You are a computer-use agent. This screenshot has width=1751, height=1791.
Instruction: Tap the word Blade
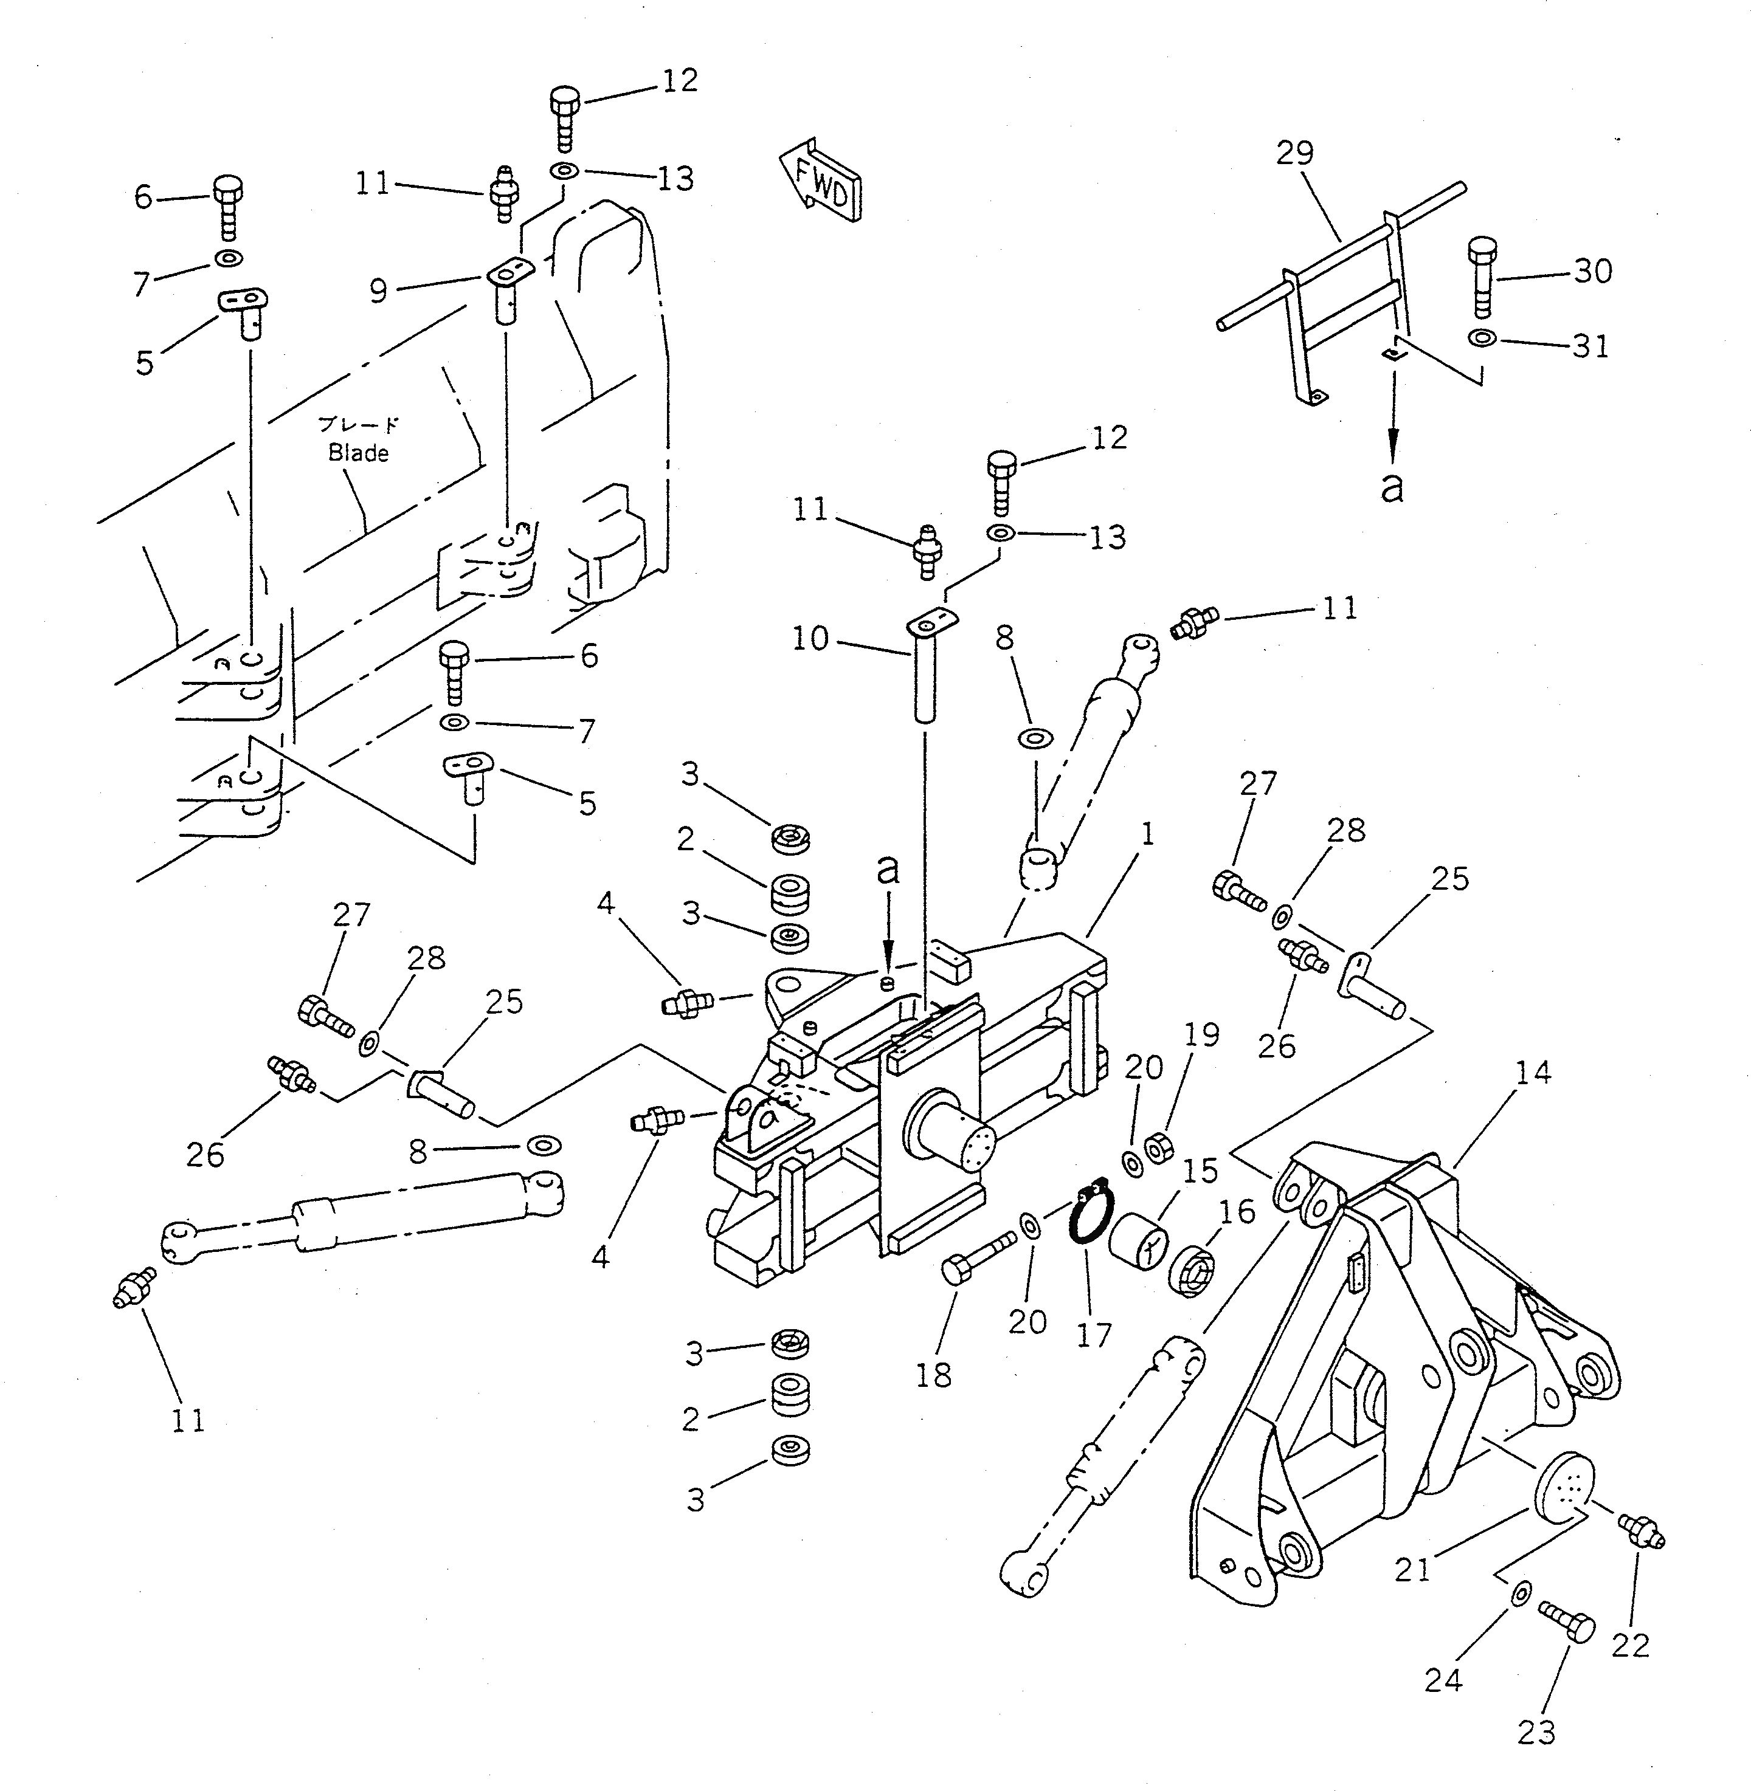pyautogui.click(x=357, y=453)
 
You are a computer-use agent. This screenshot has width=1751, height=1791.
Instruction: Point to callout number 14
pyautogui.click(x=1532, y=1073)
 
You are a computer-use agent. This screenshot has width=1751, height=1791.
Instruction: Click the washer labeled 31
pyautogui.click(x=1480, y=339)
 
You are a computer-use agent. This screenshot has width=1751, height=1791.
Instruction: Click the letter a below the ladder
pyautogui.click(x=1392, y=487)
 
